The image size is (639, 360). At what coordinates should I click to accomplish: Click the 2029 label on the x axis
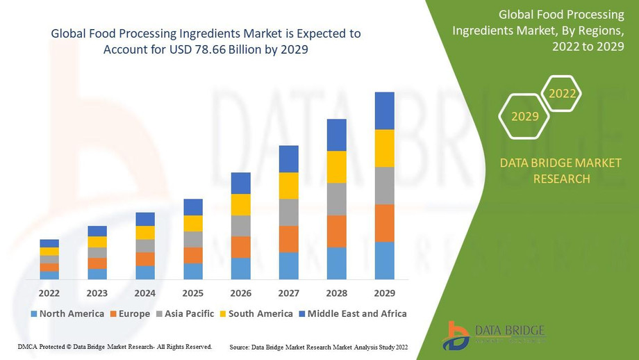point(384,293)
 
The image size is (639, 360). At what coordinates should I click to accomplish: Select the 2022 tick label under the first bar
point(49,293)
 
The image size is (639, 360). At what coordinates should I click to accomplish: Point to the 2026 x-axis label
point(241,293)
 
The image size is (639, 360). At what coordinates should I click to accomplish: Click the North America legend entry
point(67,313)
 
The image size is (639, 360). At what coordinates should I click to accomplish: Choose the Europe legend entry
point(129,313)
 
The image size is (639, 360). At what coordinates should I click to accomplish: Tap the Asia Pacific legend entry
point(185,313)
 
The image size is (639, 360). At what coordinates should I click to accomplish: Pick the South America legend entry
point(256,313)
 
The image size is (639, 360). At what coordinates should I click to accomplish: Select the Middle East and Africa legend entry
point(352,313)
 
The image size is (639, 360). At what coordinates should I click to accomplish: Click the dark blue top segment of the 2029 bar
point(384,111)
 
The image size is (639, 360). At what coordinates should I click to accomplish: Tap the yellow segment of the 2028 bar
point(336,167)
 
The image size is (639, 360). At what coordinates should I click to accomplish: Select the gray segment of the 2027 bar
point(289,212)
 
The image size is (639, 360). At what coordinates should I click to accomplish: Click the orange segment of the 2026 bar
point(241,247)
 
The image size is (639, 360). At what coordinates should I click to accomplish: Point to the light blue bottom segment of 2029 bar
point(384,261)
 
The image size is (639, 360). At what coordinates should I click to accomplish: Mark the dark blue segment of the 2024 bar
point(145,219)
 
